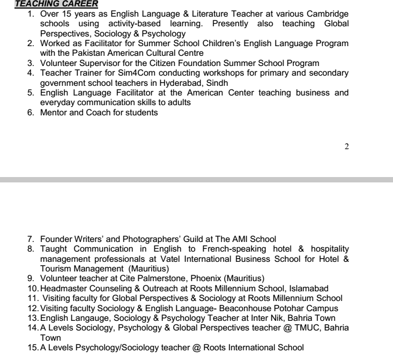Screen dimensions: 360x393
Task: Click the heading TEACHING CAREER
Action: coord(49,4)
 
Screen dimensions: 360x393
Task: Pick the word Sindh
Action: coord(217,83)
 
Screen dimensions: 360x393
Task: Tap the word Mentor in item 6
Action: coord(54,112)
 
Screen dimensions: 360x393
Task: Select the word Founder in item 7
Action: coord(56,239)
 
